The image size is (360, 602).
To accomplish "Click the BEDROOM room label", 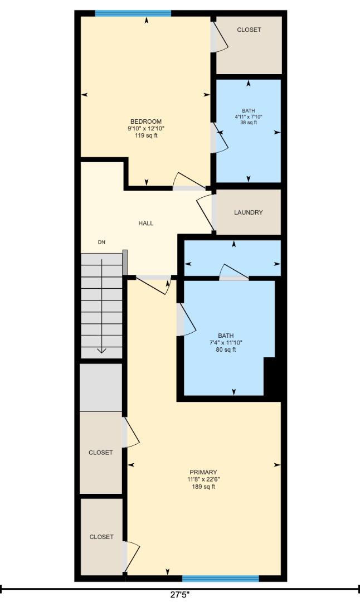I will pos(146,122).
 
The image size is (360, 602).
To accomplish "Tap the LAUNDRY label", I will pos(248,212).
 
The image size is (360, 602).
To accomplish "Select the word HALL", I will pos(146,224).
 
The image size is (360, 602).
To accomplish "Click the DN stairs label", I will pos(101,242).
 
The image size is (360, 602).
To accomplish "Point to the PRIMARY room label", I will pos(203,472).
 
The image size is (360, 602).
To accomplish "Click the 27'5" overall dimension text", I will pos(180,595).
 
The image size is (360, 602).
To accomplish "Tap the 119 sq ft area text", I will pos(146,135).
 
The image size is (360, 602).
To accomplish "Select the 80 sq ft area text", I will pos(226,350).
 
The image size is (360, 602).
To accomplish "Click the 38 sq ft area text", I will pos(249,123).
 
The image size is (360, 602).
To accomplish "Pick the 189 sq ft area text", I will pos(203,487).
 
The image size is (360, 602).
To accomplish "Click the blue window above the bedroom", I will pos(133,13).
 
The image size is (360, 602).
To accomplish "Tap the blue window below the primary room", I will pos(220,579).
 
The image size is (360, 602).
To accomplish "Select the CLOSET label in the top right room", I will pos(249,30).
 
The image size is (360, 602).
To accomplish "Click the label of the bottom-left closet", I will pos(101,537).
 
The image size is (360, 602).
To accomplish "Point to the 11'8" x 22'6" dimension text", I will pos(203,479).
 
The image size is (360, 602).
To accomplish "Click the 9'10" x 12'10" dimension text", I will pos(146,129).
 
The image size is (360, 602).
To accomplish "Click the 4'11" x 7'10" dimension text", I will pos(249,116).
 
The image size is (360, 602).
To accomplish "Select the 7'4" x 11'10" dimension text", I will pos(226,343).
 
